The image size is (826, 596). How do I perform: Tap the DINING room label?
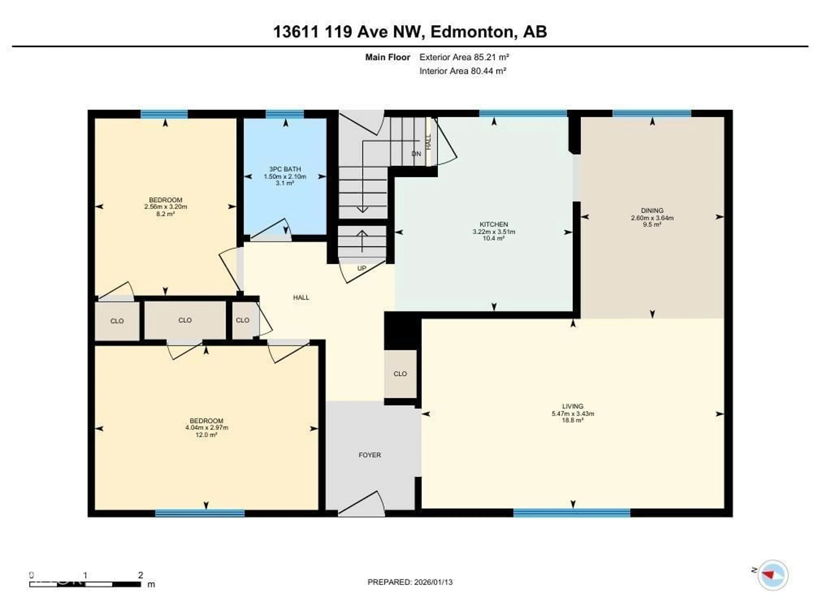(652, 210)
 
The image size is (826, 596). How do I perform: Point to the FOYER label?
(370, 455)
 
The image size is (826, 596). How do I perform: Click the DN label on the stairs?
(416, 154)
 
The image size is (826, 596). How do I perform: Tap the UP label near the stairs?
(362, 268)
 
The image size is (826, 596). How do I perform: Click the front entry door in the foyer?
(362, 504)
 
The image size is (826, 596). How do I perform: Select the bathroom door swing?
(271, 229)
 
